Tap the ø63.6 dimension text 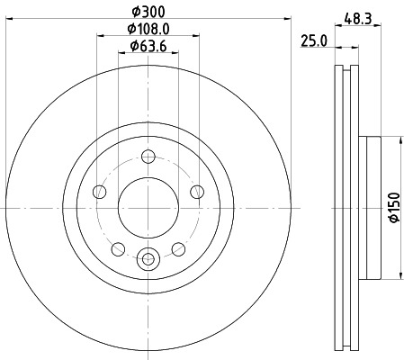(x=149, y=45)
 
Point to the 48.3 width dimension (x=358, y=15)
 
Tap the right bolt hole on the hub (x=198, y=190)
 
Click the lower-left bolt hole (x=117, y=249)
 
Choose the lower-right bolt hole (x=179, y=249)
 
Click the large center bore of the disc (x=148, y=208)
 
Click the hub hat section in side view (x=370, y=208)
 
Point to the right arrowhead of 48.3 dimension (x=380, y=26)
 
